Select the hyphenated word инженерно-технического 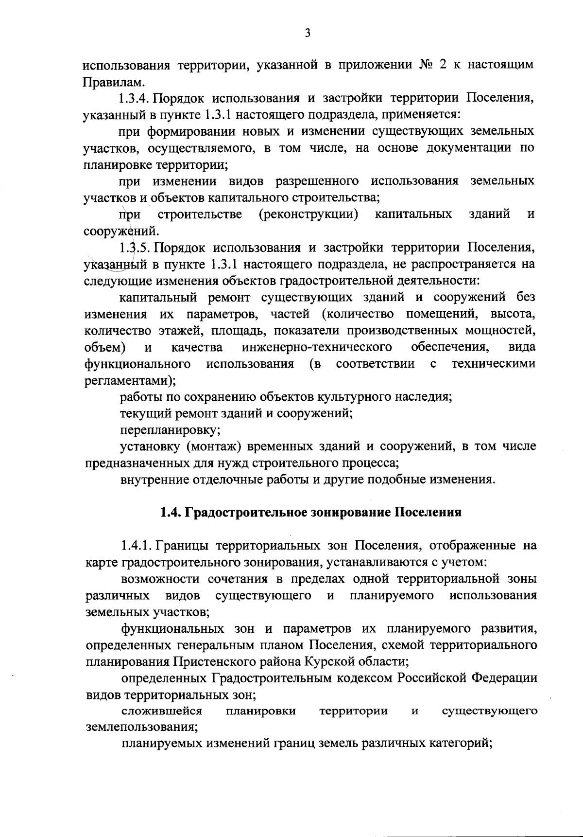coord(317,348)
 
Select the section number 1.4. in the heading coord(171,513)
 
